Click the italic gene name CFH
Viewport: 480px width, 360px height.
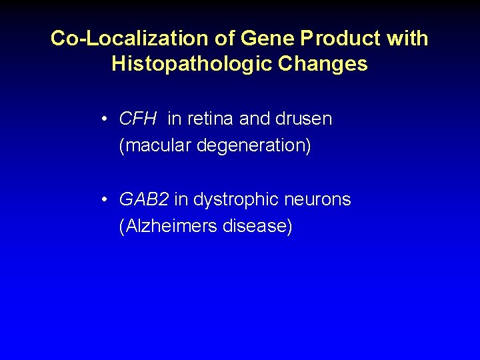tap(138, 119)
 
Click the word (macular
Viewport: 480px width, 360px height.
tap(155, 145)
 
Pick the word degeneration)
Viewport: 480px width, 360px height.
tap(254, 145)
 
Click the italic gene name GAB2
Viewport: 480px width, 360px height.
tap(144, 200)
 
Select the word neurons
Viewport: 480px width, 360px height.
tap(316, 200)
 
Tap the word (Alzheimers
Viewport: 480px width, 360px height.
tap(168, 226)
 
